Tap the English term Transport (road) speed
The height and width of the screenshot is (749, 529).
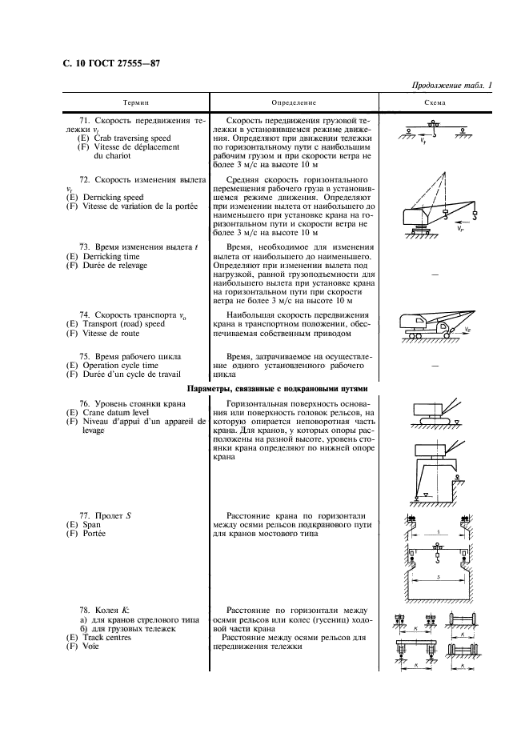coord(120,324)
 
